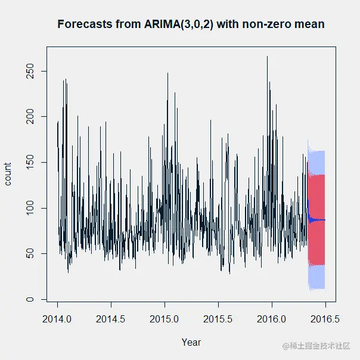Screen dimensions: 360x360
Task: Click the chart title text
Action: [x=191, y=24]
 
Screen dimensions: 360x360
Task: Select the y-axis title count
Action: [x=8, y=173]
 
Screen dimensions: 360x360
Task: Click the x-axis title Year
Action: [x=191, y=342]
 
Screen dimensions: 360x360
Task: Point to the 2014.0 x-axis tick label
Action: [x=57, y=319]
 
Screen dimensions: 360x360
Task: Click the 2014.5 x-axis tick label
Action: [x=111, y=319]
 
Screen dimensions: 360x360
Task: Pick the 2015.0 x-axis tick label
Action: [x=165, y=319]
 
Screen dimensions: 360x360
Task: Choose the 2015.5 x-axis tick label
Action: [x=218, y=319]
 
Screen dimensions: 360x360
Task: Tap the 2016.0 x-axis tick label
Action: [x=272, y=319]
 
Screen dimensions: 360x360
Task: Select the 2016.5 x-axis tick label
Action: [x=325, y=319]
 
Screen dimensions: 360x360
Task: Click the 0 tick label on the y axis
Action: [x=29, y=299]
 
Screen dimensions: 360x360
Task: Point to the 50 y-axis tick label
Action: [x=29, y=254]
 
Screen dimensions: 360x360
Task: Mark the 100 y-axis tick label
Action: [x=29, y=208]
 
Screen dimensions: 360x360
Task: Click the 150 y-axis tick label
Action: [x=29, y=163]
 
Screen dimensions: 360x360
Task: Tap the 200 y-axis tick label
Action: [x=29, y=117]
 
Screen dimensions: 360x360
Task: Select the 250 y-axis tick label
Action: [x=29, y=72]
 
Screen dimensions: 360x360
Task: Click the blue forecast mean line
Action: [x=318, y=220]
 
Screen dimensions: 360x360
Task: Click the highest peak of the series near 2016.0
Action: [x=267, y=57]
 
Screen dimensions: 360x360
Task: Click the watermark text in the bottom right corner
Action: [x=316, y=346]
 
